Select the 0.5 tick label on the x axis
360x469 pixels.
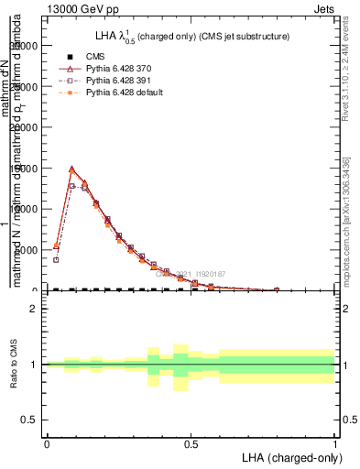pos(191,444)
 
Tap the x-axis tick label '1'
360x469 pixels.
pos(335,444)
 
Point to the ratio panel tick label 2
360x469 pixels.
pos(34,309)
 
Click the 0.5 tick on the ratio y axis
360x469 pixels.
pos(29,420)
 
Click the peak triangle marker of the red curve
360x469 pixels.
pos(72,169)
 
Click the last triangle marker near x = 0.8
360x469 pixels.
pos(277,289)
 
